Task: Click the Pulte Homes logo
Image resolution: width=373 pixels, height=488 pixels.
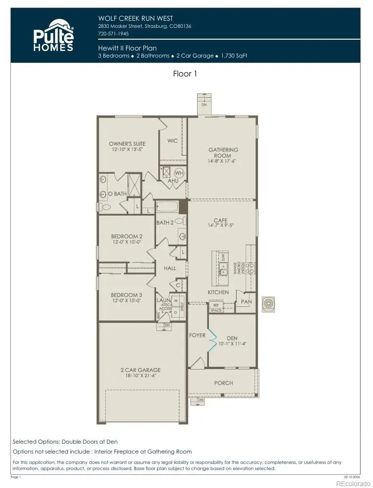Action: (x=53, y=35)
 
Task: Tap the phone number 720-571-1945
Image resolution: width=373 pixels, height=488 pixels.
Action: (x=114, y=34)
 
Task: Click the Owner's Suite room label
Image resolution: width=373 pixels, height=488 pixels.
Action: (x=127, y=143)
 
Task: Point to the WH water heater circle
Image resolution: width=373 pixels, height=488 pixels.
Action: (x=179, y=173)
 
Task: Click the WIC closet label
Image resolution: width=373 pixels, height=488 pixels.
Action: (x=172, y=141)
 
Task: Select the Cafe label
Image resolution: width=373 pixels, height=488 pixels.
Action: (x=220, y=220)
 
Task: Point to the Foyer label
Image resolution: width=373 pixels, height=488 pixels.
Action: (x=197, y=335)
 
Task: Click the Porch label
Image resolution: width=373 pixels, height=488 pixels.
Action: (x=223, y=383)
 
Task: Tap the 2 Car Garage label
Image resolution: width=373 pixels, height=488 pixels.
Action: (x=140, y=370)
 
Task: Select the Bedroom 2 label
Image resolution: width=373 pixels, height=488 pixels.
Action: (x=126, y=236)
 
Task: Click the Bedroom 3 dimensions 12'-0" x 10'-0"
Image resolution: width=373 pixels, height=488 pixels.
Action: (x=126, y=301)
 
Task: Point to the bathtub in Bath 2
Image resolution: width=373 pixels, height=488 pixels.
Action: (x=167, y=207)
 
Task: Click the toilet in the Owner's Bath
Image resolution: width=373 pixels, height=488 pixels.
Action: (x=105, y=207)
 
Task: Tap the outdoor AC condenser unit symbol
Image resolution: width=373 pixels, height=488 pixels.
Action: (x=268, y=303)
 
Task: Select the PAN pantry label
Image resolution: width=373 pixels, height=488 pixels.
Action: (x=246, y=301)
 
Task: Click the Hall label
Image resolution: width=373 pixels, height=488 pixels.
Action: (x=170, y=268)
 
